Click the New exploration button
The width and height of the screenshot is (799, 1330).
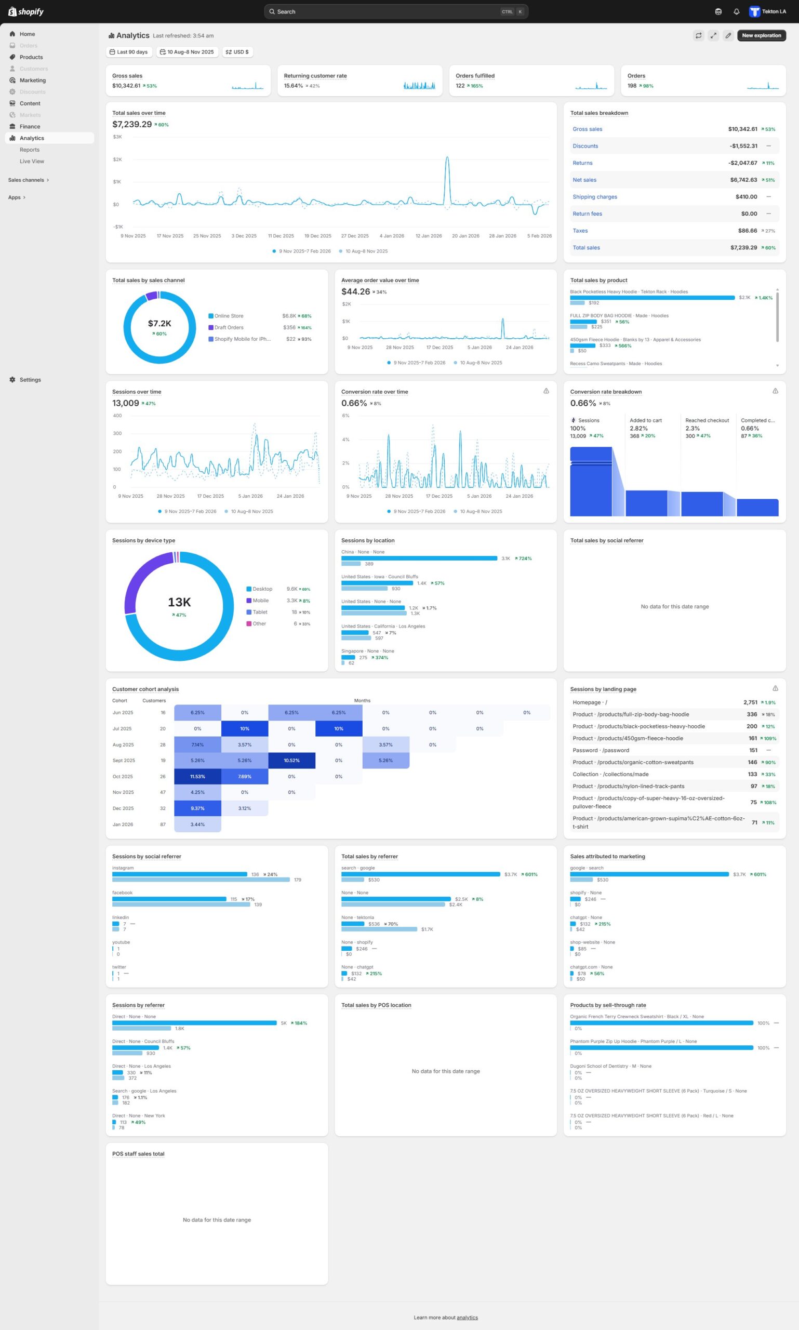(761, 35)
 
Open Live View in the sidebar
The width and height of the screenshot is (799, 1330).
(32, 162)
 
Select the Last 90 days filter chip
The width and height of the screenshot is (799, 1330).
(129, 52)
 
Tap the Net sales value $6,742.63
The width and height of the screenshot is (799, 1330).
(743, 180)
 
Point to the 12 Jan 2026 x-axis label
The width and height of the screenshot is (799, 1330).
(429, 236)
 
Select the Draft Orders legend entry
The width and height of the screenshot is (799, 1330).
(229, 327)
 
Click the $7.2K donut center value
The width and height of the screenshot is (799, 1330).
(159, 324)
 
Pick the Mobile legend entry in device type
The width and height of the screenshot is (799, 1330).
(261, 601)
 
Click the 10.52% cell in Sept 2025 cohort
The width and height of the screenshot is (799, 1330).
(291, 760)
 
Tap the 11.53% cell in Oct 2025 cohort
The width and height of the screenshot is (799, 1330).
(197, 777)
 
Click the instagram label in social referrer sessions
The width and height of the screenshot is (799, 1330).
(123, 868)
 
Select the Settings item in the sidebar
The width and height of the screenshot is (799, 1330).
(30, 380)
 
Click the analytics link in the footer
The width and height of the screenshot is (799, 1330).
(467, 1318)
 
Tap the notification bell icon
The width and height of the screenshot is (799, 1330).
(736, 12)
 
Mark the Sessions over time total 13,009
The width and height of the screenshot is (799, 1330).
(125, 403)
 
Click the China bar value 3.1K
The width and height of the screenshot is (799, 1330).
(505, 558)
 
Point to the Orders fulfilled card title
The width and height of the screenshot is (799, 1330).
(475, 76)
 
